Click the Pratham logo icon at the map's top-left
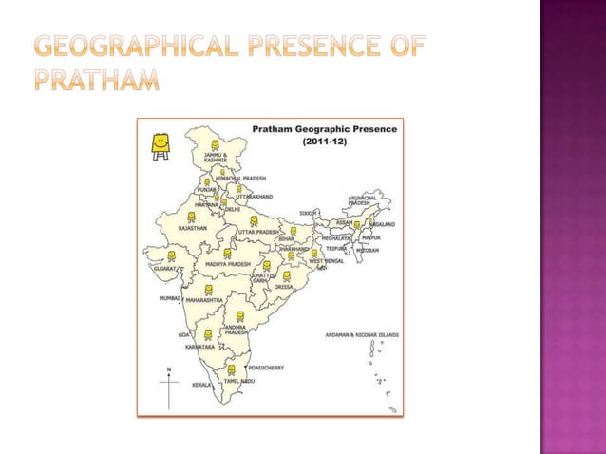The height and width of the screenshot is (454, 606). tap(160, 142)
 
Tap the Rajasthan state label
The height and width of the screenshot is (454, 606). tap(194, 229)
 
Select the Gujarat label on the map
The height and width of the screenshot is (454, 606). tap(164, 269)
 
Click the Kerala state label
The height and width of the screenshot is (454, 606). tap(201, 386)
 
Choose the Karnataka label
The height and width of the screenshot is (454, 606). tap(199, 348)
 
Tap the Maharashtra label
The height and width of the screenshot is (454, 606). tap(204, 300)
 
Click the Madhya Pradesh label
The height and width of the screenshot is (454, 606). tap(228, 264)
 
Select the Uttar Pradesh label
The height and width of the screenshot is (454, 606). tap(258, 233)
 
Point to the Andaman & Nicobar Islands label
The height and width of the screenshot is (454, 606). tap(362, 335)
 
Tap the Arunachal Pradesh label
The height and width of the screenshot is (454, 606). tap(359, 199)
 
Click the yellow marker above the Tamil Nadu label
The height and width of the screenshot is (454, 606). tap(232, 369)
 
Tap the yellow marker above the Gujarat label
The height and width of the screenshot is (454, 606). tap(172, 255)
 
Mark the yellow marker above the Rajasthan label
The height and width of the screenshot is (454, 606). tap(191, 217)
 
